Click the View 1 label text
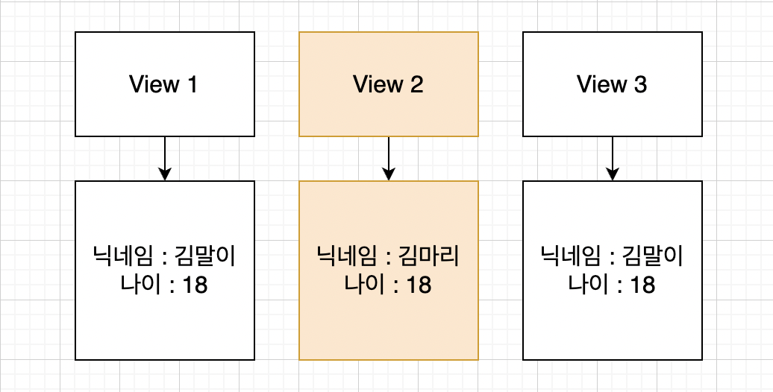coord(164,84)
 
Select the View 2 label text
coord(388,84)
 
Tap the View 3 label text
coord(612,84)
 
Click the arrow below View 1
coord(165,155)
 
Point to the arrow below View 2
coord(389,155)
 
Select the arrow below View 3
coord(613,155)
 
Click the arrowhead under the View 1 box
coord(165,174)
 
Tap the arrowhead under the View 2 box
coord(389,174)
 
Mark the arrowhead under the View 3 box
coord(613,174)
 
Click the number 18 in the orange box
coord(419,285)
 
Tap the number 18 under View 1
coord(195,285)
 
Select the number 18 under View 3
coord(642,285)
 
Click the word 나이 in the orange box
coord(360,285)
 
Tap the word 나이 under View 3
coord(583,285)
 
